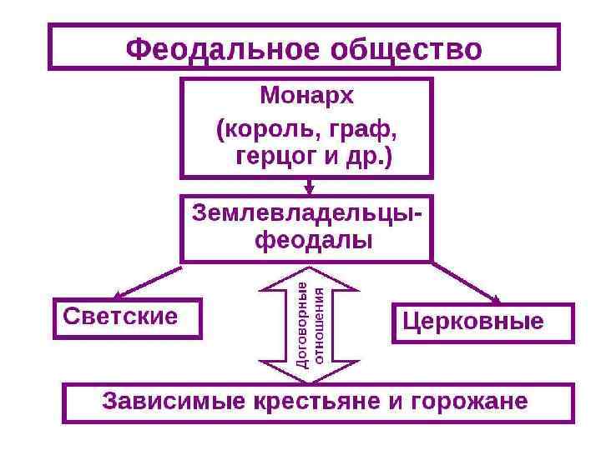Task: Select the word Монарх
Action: pos(306,96)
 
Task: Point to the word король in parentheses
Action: pos(267,131)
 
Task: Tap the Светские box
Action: pos(127,317)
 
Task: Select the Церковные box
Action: pos(482,322)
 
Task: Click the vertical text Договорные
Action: pos(302,324)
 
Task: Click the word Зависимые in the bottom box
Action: pos(159,401)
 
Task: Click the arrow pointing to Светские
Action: pos(148,282)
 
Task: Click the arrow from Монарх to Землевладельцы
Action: pos(309,186)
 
